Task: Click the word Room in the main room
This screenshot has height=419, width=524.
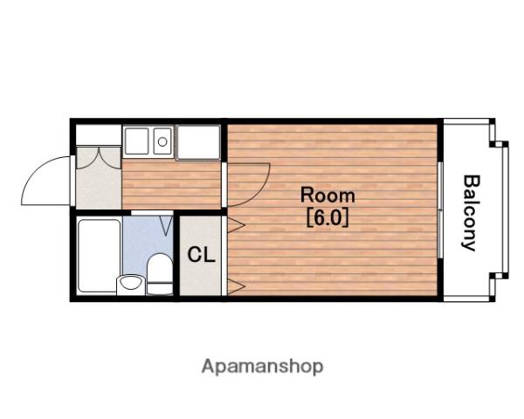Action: pos(327,196)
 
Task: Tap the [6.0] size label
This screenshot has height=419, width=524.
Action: pos(327,217)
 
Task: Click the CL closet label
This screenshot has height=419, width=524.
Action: pos(201,255)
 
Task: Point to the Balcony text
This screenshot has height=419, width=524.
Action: pos(471,213)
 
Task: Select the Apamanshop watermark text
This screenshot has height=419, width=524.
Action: pos(262,367)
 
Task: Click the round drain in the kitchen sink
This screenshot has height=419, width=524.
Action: pos(162,141)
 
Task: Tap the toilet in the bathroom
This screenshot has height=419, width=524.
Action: pos(160,274)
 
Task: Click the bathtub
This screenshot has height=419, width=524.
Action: pos(100,257)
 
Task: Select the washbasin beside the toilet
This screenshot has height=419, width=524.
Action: pos(131,285)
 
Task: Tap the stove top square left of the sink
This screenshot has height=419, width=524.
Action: pos(136,141)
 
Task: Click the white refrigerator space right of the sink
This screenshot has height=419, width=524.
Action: pos(198,142)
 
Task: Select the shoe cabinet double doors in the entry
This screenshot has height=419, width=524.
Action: pos(99,158)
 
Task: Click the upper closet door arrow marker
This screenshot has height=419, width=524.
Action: pos(237,225)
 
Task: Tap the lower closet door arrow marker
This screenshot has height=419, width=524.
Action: pos(237,286)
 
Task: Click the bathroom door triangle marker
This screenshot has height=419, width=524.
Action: pos(166,225)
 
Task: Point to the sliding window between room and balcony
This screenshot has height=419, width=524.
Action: pos(440,209)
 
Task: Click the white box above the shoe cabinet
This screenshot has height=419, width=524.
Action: pos(98,134)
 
